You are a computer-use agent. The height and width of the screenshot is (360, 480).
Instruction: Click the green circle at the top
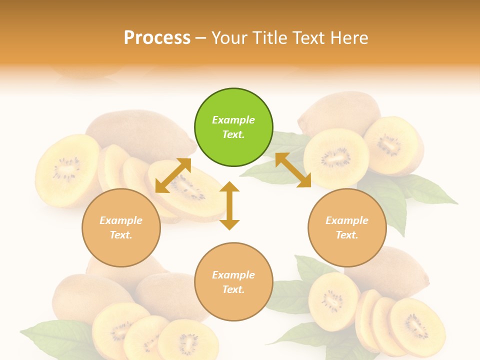[x=233, y=127]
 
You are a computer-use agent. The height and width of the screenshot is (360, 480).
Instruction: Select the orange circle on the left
[x=121, y=227]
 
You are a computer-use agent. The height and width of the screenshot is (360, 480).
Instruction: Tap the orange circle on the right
[x=347, y=227]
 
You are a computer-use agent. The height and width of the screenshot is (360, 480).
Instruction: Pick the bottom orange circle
[x=233, y=281]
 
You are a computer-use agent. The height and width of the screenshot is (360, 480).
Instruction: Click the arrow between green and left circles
[x=173, y=175]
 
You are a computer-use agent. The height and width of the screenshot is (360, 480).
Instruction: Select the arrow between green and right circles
[x=293, y=170]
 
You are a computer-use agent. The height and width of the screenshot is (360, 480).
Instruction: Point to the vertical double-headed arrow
[x=229, y=206]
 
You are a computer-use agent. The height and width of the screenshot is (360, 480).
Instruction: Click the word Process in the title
[x=157, y=38]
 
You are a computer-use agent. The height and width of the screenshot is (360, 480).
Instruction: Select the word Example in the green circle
[x=233, y=120]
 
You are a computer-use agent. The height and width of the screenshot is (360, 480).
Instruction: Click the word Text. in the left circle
[x=121, y=235]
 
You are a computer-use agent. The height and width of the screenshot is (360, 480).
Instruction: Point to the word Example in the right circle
[x=347, y=220]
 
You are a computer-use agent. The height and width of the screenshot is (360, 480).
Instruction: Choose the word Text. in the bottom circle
[x=233, y=289]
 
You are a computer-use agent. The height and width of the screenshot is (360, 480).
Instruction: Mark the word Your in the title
[x=228, y=38]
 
